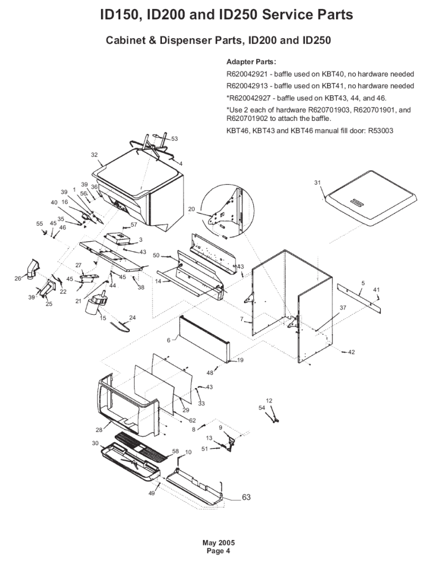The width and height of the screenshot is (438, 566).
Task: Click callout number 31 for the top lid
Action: coord(317,182)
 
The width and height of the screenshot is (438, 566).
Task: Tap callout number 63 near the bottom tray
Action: coord(246,497)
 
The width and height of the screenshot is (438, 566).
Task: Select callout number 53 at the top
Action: coord(174,139)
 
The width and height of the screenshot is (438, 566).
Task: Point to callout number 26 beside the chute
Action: coord(18,278)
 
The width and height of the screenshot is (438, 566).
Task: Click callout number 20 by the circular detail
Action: coord(192,209)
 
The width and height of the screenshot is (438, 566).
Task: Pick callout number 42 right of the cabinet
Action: coord(351,352)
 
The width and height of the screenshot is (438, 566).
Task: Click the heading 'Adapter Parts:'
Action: coord(251,62)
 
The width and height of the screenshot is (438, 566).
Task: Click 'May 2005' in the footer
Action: coord(218,542)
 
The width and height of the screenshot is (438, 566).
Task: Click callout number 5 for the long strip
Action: coord(363,283)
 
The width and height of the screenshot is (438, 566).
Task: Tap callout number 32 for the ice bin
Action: coord(94,155)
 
